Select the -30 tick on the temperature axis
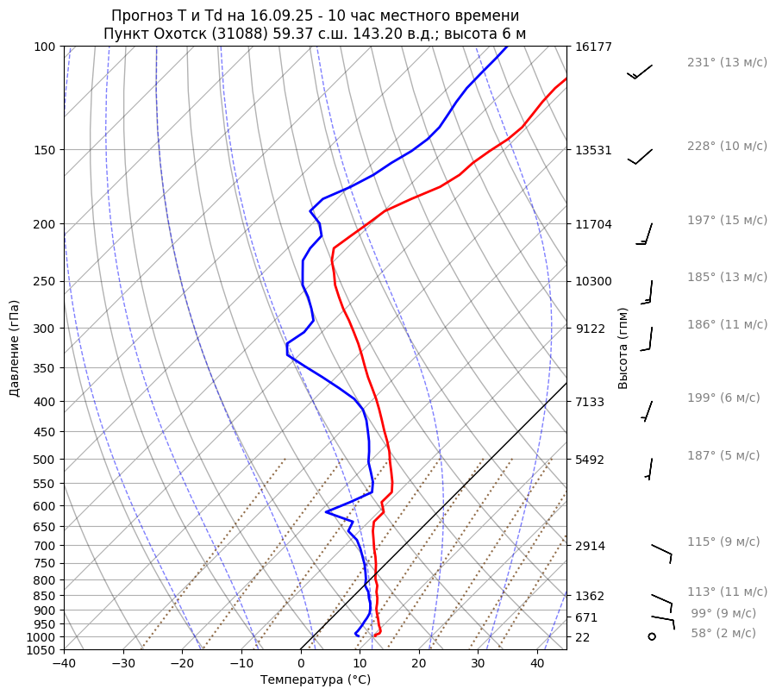(x=123, y=664)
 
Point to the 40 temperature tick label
(x=537, y=664)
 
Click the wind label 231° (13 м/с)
(x=727, y=63)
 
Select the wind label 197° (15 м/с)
(x=727, y=221)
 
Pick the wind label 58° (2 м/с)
(x=723, y=633)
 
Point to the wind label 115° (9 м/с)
(x=723, y=542)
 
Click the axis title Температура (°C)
(x=316, y=680)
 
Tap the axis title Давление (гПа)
(x=15, y=348)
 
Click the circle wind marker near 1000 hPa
(x=652, y=636)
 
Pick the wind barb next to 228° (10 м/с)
(x=640, y=156)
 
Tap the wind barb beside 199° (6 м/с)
(x=647, y=410)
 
